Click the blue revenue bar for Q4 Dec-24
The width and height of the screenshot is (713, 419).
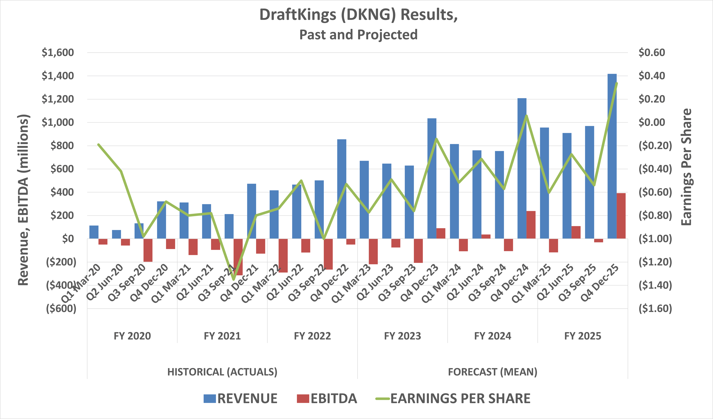pos(522,168)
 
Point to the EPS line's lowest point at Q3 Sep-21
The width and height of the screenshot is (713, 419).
pos(233,280)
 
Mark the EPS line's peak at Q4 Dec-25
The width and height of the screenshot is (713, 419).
pos(616,83)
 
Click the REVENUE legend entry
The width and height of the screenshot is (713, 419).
pos(240,398)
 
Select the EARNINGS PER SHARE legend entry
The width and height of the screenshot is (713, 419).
pos(453,398)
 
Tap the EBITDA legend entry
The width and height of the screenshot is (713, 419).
pos(327,398)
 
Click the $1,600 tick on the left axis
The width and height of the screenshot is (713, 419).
pos(58,53)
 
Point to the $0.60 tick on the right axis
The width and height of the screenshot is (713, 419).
pos(652,53)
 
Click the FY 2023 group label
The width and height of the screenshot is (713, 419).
pos(402,336)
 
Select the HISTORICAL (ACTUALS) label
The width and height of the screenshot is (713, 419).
pos(222,372)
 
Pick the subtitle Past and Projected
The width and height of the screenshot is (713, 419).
pos(358,35)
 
